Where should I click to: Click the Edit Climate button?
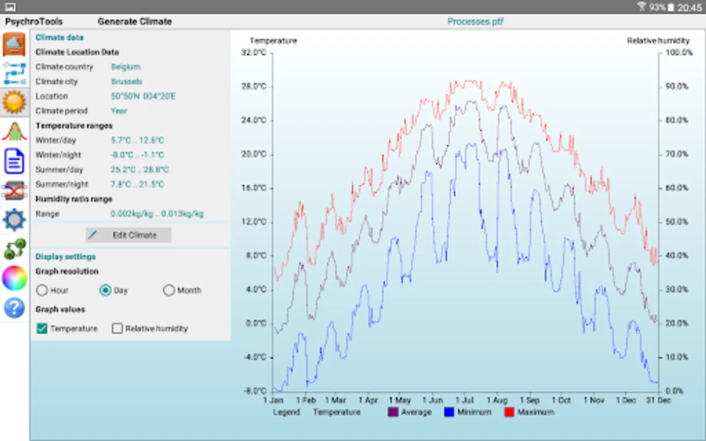pos(128,235)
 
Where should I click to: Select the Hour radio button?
pos(42,291)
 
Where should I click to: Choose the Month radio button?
pos(169,291)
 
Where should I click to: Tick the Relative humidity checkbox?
pos(117,328)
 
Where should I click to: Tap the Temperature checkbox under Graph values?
pos(42,328)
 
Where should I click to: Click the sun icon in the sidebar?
pos(14,102)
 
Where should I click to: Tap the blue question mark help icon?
pos(14,308)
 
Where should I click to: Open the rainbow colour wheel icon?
pos(14,278)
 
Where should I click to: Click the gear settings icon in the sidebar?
pos(14,220)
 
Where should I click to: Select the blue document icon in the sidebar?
pos(14,161)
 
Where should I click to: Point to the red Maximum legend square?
pos(509,412)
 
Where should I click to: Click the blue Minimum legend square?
pos(449,412)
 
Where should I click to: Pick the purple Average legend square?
pos(393,412)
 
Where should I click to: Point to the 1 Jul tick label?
pos(464,400)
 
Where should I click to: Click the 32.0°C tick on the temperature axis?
pos(254,52)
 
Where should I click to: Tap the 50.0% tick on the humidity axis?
pos(677,222)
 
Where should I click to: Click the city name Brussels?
pos(126,82)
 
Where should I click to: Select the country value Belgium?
pos(126,67)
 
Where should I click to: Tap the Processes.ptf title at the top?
pos(475,22)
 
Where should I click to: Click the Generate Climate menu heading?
pos(135,22)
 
